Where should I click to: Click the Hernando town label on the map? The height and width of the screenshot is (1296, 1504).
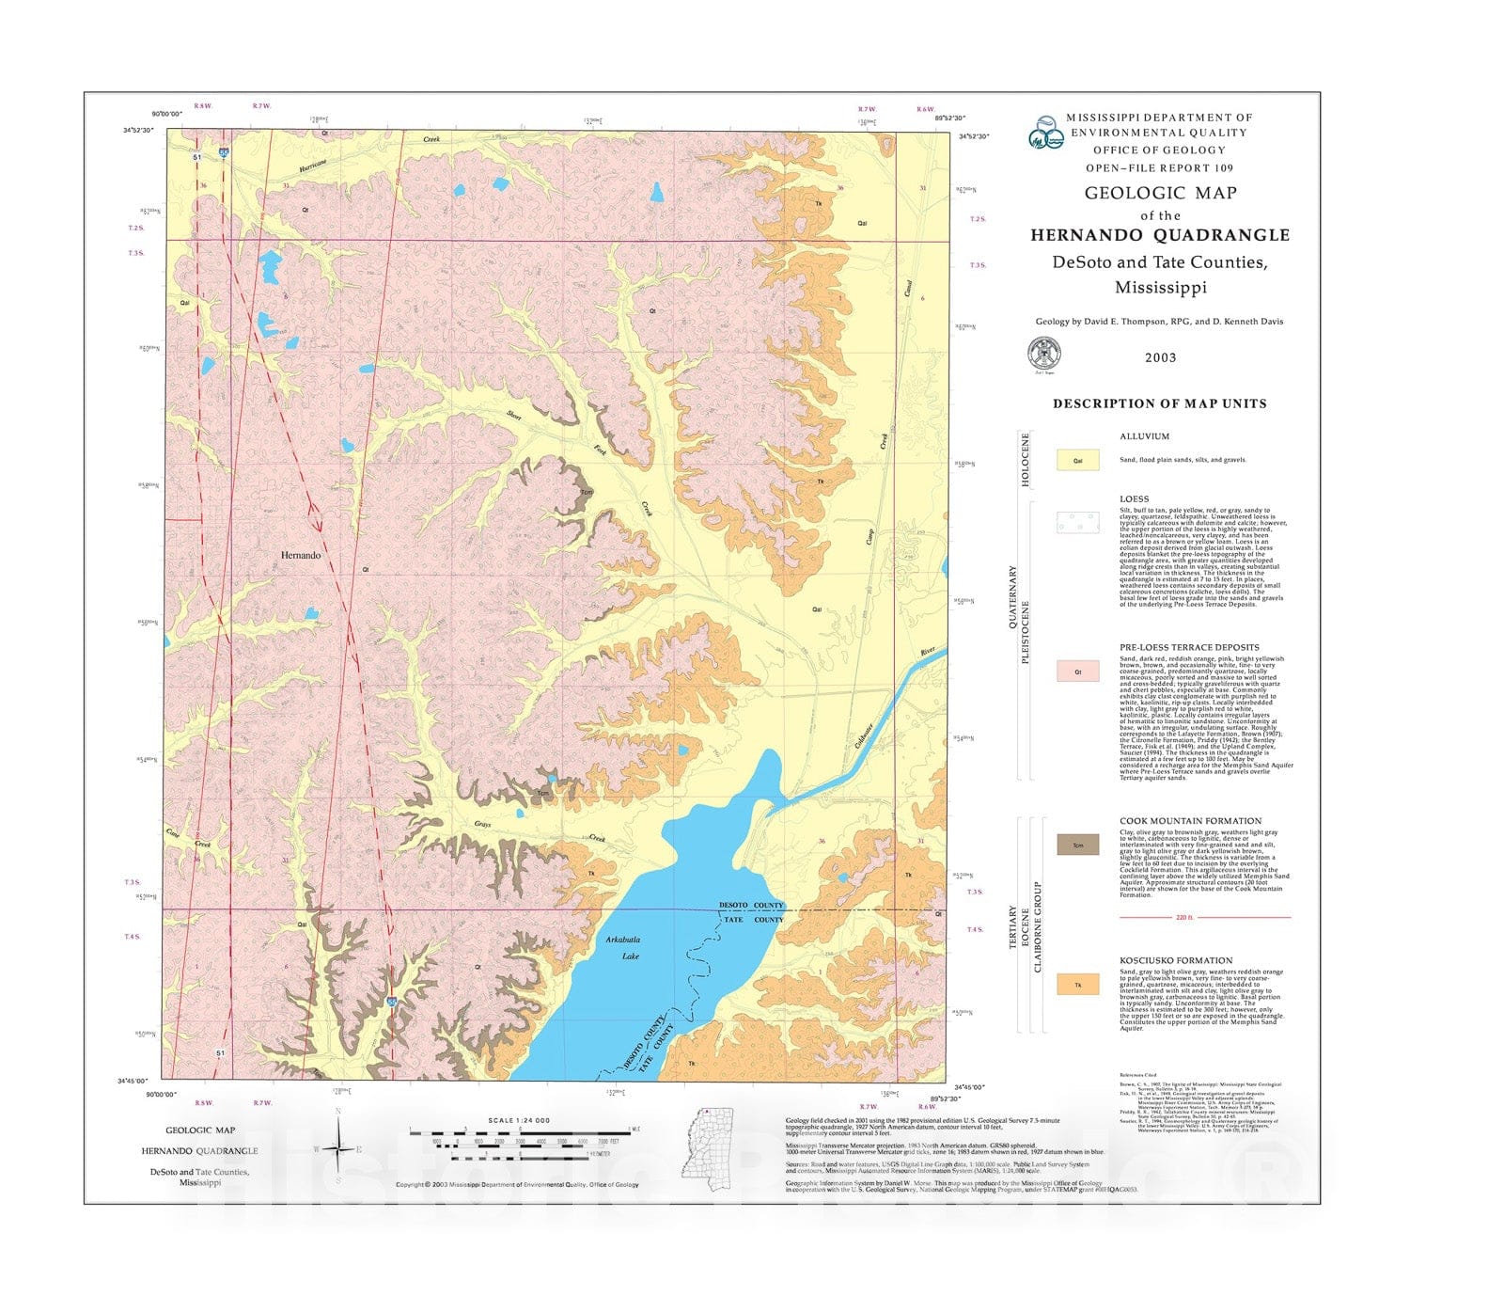301,555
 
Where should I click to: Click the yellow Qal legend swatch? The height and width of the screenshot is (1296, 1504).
1077,460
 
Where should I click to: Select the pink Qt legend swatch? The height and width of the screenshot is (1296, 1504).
1077,672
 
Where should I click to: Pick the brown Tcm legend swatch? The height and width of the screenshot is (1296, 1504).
1077,845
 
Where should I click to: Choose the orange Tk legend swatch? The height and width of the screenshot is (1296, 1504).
1077,985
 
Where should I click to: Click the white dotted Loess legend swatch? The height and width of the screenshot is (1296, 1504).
1077,523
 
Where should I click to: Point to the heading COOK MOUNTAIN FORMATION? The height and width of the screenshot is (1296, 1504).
1190,821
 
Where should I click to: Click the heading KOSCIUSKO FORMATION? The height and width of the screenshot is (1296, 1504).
1176,961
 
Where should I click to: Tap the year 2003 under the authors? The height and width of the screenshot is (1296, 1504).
1160,357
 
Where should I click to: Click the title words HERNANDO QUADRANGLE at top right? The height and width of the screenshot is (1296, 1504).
1160,236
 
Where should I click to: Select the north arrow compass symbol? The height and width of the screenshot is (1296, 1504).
337,1147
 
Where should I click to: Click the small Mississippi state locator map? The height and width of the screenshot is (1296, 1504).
707,1143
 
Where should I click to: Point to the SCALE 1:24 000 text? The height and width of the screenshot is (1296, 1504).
519,1120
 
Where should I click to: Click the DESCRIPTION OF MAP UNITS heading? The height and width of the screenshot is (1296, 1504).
1159,403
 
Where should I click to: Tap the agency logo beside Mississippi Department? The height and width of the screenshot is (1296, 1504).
1046,133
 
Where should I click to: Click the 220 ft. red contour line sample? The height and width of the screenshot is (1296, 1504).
1204,917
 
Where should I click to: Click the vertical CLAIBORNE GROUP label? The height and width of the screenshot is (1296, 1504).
1038,926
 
